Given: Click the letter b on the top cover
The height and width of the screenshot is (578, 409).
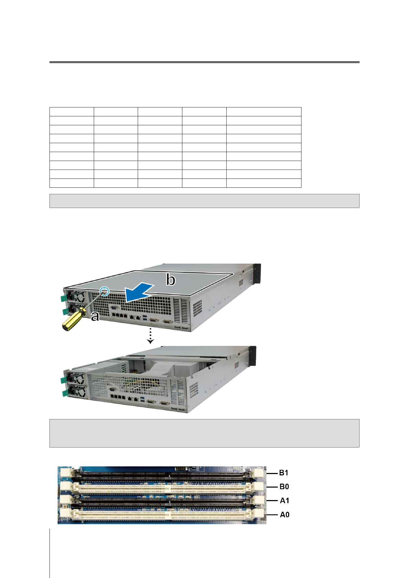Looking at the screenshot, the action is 171,280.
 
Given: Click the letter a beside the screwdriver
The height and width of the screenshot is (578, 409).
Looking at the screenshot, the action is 95,316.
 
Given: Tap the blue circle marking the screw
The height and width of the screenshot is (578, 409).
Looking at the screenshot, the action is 105,292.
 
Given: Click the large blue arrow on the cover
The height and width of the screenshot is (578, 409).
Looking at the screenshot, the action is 139,292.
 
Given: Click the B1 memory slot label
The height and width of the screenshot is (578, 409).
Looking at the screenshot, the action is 284,473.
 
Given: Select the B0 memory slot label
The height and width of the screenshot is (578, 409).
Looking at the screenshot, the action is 284,487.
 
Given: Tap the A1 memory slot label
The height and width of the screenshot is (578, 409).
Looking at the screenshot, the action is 284,501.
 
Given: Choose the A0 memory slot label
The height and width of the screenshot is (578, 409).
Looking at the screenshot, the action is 284,515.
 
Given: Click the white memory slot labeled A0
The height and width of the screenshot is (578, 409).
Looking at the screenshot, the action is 161,515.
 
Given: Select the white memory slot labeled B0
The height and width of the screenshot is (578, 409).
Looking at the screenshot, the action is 161,487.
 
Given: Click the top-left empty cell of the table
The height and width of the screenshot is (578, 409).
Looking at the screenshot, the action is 71,112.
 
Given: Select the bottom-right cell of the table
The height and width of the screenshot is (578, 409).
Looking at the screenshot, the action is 263,183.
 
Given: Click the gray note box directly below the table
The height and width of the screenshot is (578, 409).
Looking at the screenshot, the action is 204,201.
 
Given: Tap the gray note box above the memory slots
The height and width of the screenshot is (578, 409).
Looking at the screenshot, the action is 204,433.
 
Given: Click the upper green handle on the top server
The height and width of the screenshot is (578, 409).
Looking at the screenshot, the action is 64,298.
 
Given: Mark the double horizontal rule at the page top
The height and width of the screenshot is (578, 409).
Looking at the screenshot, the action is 204,62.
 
